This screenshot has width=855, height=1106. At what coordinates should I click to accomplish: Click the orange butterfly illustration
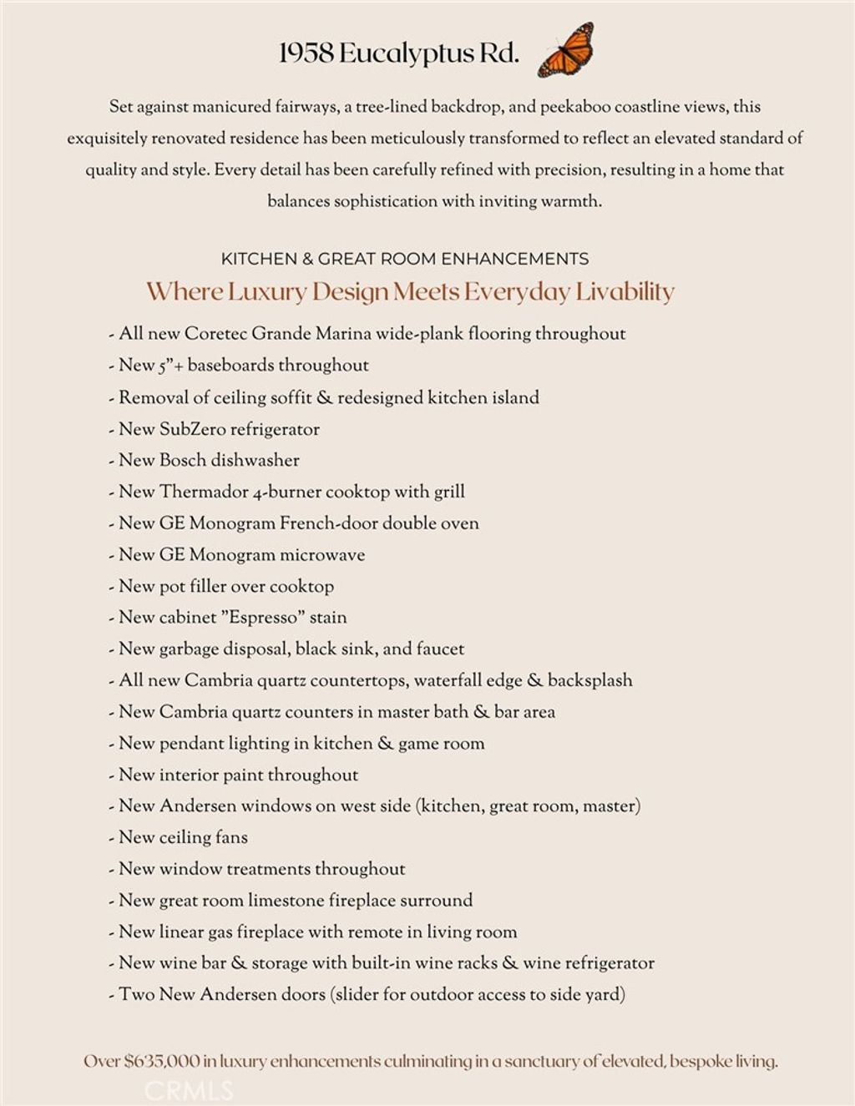click(566, 50)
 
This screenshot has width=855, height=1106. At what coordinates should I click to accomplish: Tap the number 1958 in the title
click(306, 53)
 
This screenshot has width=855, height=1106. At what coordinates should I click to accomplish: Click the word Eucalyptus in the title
click(406, 55)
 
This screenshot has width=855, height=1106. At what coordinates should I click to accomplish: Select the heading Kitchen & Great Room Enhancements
click(405, 259)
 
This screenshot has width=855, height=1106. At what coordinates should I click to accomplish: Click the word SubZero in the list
click(192, 429)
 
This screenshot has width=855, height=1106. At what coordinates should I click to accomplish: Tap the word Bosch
click(184, 460)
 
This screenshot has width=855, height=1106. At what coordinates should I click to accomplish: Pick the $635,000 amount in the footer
click(162, 1062)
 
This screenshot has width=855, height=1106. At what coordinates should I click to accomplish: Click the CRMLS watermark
click(189, 1090)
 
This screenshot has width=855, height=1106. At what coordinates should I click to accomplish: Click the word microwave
click(322, 555)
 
